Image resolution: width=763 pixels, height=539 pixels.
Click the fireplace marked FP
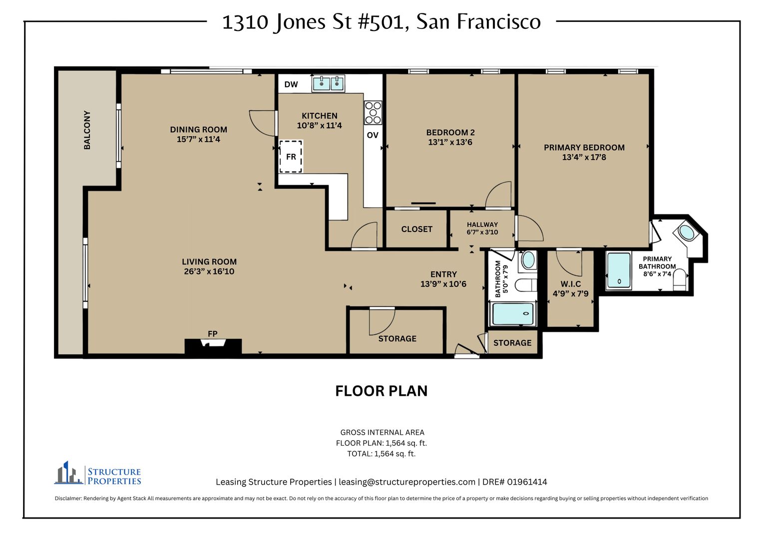(x=213, y=346)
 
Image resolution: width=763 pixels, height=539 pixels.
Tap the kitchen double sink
(x=329, y=83)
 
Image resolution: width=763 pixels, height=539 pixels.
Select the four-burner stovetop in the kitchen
(x=373, y=113)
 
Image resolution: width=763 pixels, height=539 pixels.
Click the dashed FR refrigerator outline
(x=291, y=157)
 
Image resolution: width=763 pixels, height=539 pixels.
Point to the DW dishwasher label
(x=291, y=84)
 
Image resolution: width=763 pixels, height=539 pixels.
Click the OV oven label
(x=373, y=135)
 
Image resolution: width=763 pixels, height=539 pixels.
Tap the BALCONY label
(x=87, y=130)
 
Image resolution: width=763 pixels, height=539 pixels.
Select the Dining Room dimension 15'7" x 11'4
(x=198, y=139)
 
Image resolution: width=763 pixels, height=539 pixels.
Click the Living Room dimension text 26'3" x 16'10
(x=209, y=271)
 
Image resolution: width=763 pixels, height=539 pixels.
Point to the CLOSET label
(x=416, y=229)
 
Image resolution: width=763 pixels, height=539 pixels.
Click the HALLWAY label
(x=482, y=225)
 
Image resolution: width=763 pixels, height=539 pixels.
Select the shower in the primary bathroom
(x=619, y=270)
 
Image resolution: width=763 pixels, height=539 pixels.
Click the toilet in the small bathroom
(x=526, y=285)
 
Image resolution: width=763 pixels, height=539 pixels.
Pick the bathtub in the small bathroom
(x=513, y=314)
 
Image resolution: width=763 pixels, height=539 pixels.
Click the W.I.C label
(x=571, y=284)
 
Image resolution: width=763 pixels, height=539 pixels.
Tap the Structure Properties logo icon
(x=69, y=473)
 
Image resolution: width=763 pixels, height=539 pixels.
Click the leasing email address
(x=407, y=482)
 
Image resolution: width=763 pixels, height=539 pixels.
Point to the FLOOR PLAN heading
(x=381, y=391)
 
